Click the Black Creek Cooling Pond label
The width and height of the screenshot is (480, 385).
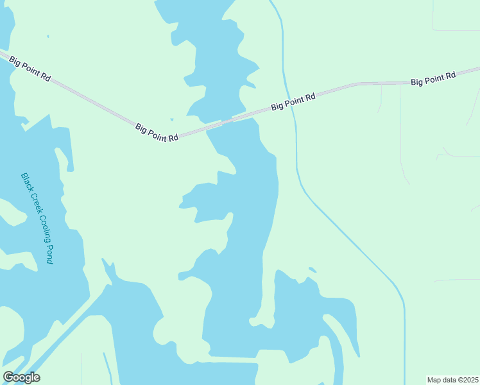(37, 218)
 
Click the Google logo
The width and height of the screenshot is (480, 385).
(21, 377)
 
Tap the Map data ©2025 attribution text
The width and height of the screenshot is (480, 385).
(453, 380)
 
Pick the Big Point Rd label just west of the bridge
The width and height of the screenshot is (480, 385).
(157, 133)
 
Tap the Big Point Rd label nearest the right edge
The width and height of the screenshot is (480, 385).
(433, 78)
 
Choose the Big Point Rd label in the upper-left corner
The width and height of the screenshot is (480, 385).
(30, 68)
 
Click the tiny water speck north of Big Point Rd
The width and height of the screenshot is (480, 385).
(172, 119)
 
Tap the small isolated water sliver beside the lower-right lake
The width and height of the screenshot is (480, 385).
(312, 269)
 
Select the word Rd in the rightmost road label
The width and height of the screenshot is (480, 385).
(450, 76)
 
